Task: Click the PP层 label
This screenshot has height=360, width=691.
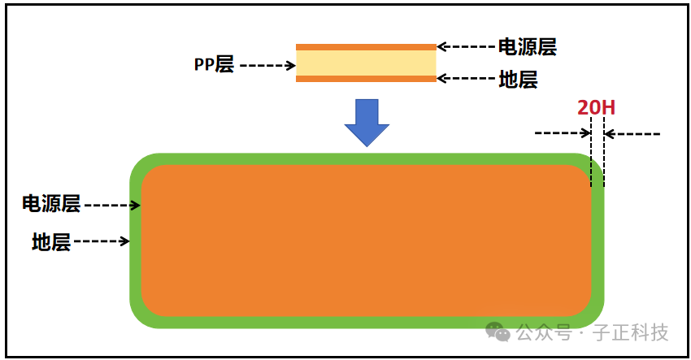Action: (x=214, y=65)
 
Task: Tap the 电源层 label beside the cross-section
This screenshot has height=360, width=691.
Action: (x=527, y=46)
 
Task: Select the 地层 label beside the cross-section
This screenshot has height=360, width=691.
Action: (x=518, y=80)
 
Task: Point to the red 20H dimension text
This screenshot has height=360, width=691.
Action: (x=595, y=108)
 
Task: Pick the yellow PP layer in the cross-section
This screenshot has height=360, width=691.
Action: (x=366, y=63)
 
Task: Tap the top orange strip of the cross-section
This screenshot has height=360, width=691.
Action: (x=366, y=47)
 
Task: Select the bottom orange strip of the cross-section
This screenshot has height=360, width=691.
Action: (x=366, y=79)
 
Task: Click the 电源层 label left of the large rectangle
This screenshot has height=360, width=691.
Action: (x=51, y=204)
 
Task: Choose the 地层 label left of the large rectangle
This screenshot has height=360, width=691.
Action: (x=51, y=241)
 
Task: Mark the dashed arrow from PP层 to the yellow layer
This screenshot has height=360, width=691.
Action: (x=267, y=65)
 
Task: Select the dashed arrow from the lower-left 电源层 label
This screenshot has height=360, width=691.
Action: (x=112, y=206)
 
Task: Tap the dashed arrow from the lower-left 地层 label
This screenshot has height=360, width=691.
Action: (x=102, y=241)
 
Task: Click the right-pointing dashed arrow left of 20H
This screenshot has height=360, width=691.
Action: (x=562, y=133)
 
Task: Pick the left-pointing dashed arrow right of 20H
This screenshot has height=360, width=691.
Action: (x=633, y=133)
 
